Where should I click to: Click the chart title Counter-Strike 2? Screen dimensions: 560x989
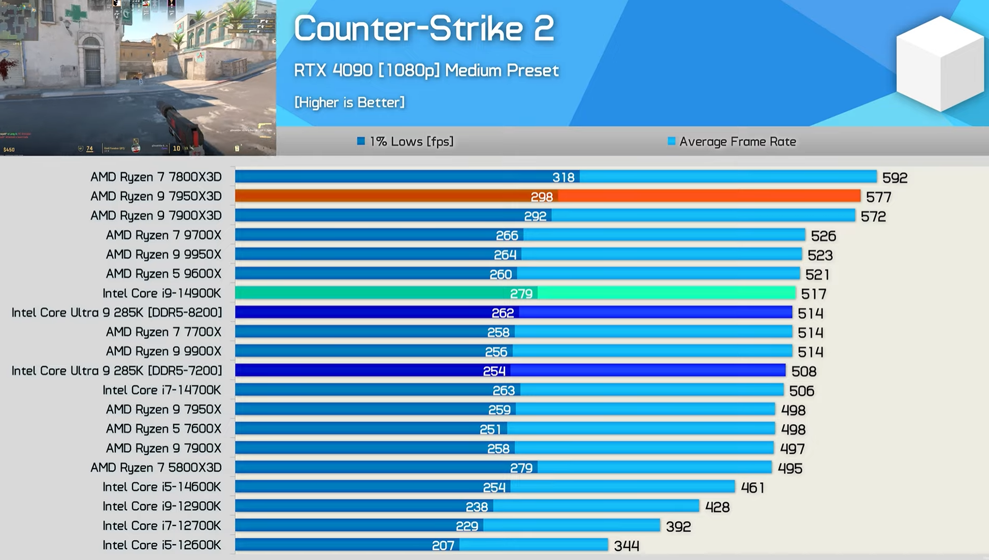(423, 28)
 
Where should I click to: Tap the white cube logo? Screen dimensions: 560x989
(940, 64)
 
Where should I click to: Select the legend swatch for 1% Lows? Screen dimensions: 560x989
(361, 141)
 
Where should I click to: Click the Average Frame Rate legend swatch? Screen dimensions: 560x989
(671, 141)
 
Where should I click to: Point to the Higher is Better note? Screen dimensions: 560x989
(349, 102)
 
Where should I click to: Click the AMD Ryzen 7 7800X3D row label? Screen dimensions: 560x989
(156, 177)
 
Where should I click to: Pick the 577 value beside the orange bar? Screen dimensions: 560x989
(878, 197)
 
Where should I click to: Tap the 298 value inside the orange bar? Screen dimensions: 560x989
(542, 197)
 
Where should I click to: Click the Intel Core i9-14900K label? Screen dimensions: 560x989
(162, 293)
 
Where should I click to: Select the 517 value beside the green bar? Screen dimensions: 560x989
(813, 294)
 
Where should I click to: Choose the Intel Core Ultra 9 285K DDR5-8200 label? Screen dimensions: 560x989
(117, 313)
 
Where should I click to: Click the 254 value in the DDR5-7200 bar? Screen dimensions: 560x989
(494, 371)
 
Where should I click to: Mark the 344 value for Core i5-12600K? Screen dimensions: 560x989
(627, 546)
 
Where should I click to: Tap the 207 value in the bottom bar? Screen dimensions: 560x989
(443, 546)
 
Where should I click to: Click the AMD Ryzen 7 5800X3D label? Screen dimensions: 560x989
(156, 468)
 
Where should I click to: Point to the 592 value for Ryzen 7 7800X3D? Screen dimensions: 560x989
(895, 178)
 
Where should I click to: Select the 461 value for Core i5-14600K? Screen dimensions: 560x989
(752, 488)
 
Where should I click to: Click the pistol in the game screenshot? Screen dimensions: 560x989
(180, 122)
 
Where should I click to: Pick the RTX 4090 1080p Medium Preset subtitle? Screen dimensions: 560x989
(426, 70)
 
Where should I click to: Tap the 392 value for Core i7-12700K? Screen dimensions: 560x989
(678, 526)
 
